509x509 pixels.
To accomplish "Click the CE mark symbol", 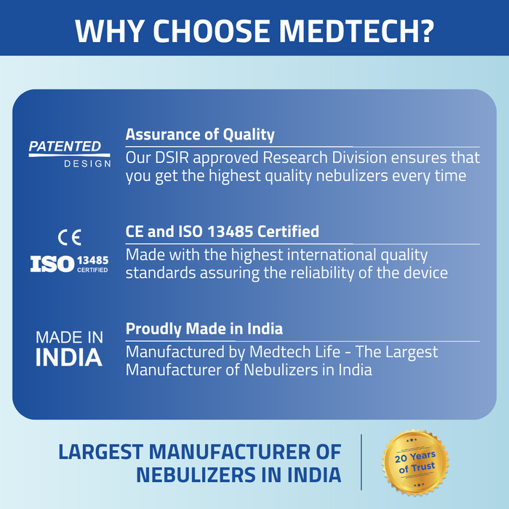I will pos(70,236).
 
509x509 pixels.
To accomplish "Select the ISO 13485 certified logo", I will pos(70,262).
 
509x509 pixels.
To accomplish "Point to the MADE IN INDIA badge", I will pos(70,348).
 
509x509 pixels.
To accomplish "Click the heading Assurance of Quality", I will pos(200,135).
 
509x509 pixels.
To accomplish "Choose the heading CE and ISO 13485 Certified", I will pos(223,232).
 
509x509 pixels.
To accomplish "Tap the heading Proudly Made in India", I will pos(204,329).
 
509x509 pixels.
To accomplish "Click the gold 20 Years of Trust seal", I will pos(415,463).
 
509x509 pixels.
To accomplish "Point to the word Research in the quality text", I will pos(291,157).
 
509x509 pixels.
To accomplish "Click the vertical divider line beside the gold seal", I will pos(361,462).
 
